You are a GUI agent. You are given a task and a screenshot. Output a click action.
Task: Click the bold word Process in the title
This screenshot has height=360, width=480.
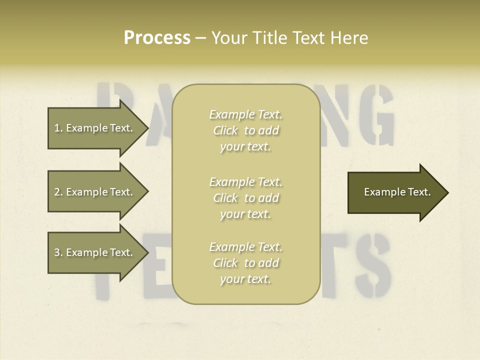[x=157, y=38]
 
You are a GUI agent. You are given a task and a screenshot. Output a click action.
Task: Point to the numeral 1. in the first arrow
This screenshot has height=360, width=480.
[x=58, y=128]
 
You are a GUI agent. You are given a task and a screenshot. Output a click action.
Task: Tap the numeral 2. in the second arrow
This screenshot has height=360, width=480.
[x=58, y=192]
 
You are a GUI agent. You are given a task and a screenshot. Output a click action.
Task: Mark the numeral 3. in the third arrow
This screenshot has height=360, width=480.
[x=58, y=252]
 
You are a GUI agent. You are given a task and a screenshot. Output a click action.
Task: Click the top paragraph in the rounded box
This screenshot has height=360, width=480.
[x=245, y=130]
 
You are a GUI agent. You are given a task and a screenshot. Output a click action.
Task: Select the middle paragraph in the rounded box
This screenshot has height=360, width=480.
[x=245, y=198]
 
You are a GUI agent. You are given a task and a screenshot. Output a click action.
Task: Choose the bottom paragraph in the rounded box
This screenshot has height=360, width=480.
[x=245, y=263]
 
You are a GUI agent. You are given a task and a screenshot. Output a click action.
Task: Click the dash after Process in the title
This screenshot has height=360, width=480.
[x=200, y=38]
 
